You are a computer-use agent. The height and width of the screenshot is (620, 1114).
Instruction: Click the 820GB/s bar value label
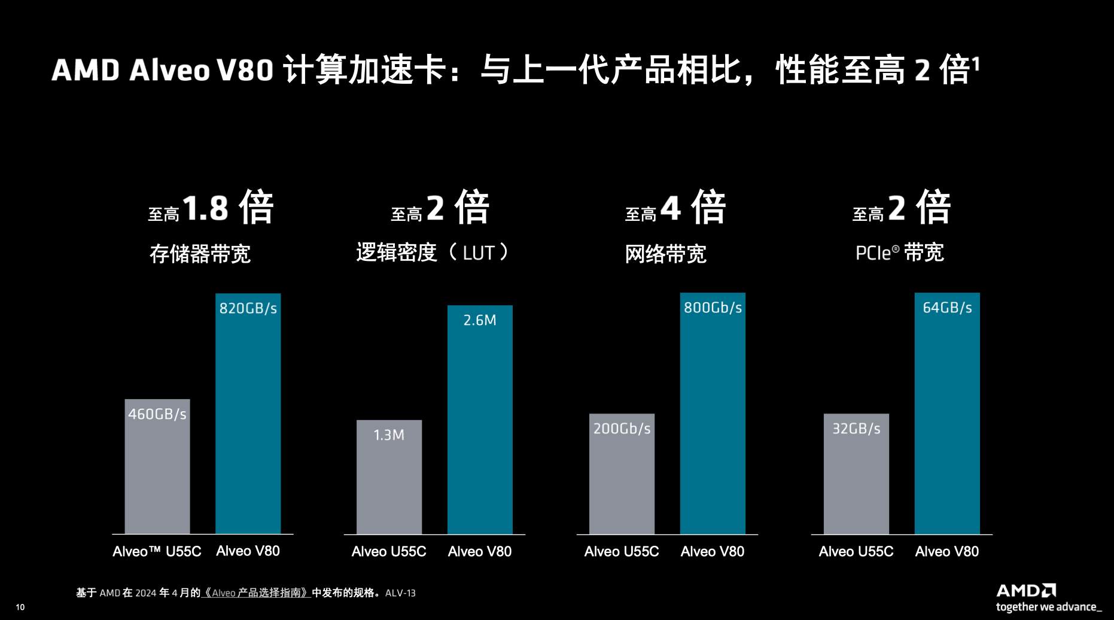click(x=248, y=308)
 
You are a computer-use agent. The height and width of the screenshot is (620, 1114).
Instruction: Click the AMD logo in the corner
click(x=1025, y=591)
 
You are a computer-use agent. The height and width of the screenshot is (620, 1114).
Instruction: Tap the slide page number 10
click(x=20, y=607)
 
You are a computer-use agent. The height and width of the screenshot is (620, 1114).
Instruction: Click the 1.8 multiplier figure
click(x=205, y=208)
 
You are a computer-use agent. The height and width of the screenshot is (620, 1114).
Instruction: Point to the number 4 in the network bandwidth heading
click(x=670, y=208)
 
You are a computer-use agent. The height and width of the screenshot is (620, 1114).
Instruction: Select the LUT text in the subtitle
click(x=479, y=253)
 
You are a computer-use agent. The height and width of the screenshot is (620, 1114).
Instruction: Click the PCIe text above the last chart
click(x=873, y=253)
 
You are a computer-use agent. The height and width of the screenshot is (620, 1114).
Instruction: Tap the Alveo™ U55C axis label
click(x=157, y=551)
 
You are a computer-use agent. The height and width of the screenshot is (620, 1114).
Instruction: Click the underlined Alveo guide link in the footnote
click(x=256, y=593)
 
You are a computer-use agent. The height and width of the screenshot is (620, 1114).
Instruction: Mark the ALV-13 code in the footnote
click(x=400, y=593)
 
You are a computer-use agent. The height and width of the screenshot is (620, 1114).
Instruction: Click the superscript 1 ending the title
click(x=976, y=63)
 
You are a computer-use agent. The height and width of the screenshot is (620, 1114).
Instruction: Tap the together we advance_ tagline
click(x=1048, y=607)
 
